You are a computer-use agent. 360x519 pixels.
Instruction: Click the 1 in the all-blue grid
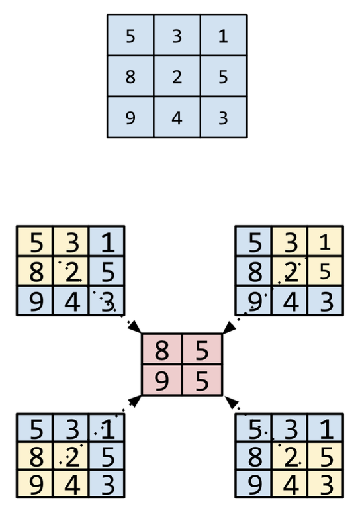point(224,36)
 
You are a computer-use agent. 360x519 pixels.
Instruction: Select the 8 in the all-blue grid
point(130,77)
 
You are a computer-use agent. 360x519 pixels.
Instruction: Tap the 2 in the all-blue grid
point(177,77)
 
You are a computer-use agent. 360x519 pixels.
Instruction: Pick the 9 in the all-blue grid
point(130,118)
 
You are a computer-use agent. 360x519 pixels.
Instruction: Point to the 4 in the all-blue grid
point(177,118)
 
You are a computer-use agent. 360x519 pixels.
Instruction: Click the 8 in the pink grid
point(161,350)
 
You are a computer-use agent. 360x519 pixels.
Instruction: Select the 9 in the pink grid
point(161,381)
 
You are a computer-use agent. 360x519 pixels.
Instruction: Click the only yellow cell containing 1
point(326,242)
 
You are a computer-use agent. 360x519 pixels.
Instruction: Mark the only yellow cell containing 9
point(34,483)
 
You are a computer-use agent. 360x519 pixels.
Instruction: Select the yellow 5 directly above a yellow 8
point(34,242)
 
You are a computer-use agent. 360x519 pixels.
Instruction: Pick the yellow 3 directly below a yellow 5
point(326,483)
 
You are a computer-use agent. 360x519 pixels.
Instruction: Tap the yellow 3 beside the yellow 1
point(290,242)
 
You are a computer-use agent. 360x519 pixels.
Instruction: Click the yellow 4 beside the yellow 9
point(71,483)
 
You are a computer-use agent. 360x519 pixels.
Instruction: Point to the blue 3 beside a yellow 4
point(107,483)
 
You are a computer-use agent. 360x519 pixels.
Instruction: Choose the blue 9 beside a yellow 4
point(253,483)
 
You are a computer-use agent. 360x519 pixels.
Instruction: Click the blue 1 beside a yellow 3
point(107,242)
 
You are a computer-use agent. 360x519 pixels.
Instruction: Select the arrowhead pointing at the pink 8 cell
point(135,326)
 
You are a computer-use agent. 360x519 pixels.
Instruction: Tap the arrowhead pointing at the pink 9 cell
point(135,401)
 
